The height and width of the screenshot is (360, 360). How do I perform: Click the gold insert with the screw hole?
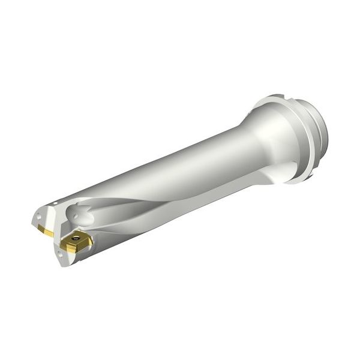[77, 241]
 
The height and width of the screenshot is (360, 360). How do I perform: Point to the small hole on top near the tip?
[53, 206]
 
